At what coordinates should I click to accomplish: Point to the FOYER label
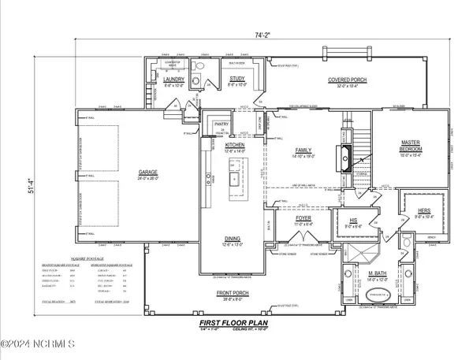(x=304, y=222)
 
